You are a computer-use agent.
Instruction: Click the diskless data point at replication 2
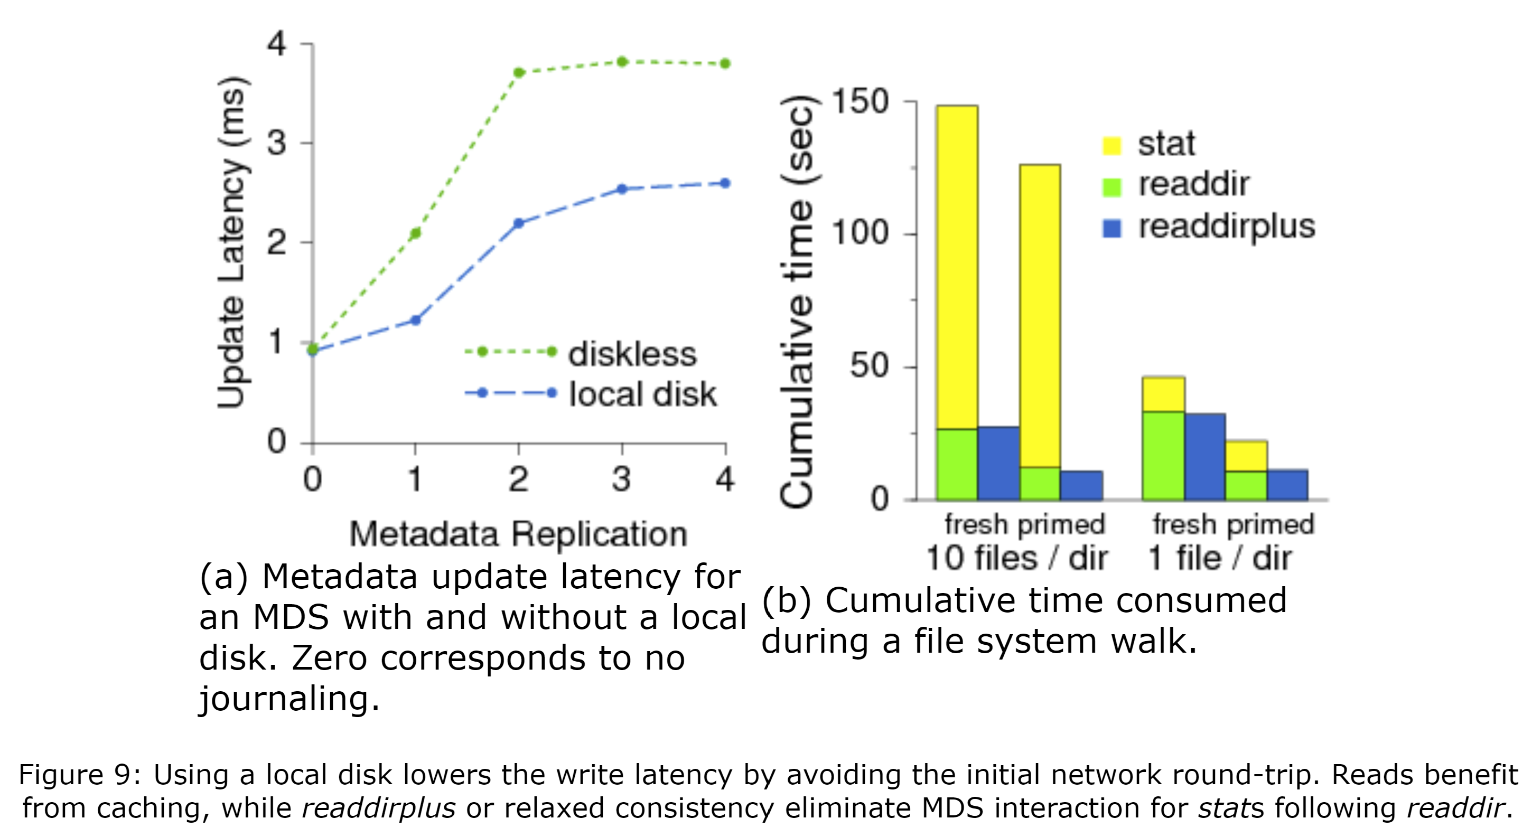519,72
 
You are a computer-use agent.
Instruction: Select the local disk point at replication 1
416,321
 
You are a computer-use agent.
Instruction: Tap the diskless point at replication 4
725,63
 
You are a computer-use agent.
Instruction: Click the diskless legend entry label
632,354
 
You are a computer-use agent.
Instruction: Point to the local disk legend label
642,394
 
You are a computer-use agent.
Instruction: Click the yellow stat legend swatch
1111,146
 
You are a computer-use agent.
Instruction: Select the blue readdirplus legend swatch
1111,229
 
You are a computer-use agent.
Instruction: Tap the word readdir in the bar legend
1193,184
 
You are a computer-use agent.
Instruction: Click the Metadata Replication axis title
518,534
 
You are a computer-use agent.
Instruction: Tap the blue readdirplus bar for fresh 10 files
998,463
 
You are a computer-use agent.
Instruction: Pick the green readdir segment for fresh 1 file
1163,455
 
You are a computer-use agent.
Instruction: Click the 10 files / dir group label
1016,558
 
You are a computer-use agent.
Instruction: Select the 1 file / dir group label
1220,558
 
